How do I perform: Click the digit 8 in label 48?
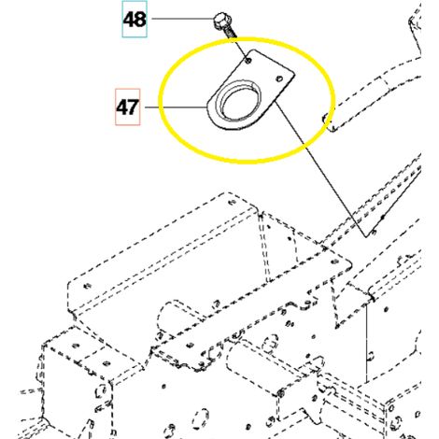coord(140,20)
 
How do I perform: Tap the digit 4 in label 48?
coord(129,20)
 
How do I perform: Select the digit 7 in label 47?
coord(133,107)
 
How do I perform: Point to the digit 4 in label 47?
coord(122,107)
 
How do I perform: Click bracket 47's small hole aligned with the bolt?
coord(248,61)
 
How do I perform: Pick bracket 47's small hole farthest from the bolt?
coord(279,78)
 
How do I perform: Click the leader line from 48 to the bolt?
coord(182,19)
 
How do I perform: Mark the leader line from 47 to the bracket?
coord(176,107)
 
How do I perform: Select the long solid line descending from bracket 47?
coord(321,169)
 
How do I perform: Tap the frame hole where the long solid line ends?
coord(374,232)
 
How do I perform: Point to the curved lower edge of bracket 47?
coord(217,122)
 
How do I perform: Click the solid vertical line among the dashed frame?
coord(367,344)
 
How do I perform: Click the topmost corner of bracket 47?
coord(254,50)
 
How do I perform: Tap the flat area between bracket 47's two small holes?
coord(264,70)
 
